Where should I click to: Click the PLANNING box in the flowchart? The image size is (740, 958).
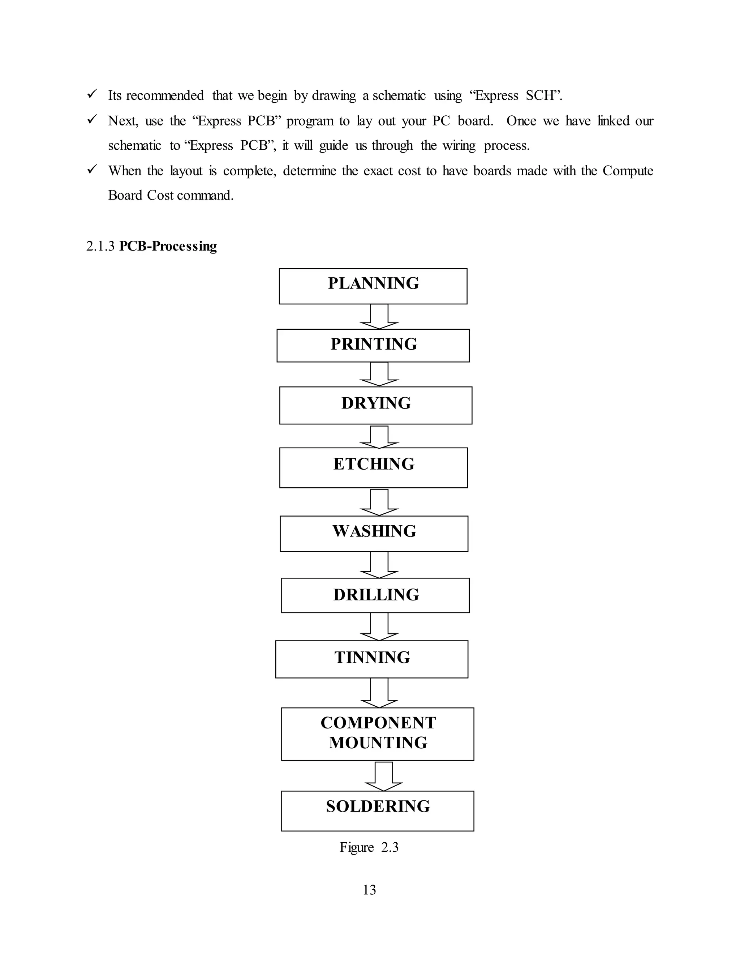[373, 286]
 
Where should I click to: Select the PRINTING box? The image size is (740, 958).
[373, 346]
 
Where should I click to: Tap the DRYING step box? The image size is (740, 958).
[376, 405]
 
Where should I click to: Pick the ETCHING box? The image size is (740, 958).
[374, 467]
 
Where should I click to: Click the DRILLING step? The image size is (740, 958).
[375, 595]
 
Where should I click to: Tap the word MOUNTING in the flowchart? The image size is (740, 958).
[378, 743]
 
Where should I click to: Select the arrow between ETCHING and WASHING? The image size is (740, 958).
[379, 502]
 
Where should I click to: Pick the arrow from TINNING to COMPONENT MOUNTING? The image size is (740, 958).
[379, 693]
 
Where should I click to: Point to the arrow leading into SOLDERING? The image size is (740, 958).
[384, 776]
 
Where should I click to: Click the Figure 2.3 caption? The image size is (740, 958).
[369, 847]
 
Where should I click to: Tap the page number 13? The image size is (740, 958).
[369, 890]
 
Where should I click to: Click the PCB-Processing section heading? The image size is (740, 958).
[168, 247]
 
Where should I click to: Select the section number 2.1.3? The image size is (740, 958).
[100, 247]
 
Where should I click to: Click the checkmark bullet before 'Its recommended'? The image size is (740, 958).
[92, 94]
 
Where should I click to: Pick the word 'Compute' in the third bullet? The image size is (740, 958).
[627, 171]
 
